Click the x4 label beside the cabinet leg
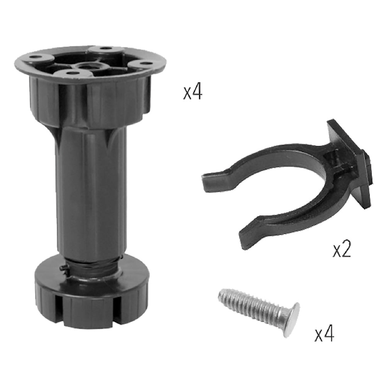[x=193, y=93]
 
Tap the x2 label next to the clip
[x=342, y=251]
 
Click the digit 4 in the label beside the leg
[x=197, y=93]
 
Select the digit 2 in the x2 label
[x=346, y=251]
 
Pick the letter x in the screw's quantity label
[x=319, y=335]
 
